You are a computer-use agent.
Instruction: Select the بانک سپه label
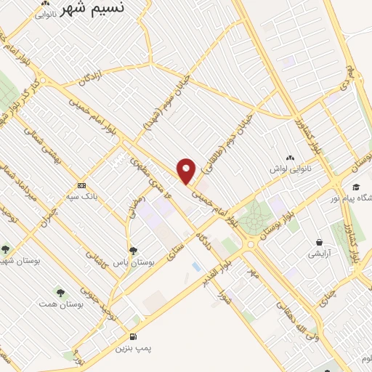[x=81, y=196]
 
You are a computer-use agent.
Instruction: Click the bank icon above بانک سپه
[x=81, y=185]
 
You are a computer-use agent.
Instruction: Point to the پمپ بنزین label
[x=134, y=348]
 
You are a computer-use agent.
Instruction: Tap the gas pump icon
[x=133, y=336]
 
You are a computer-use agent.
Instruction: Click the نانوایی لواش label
[x=291, y=169]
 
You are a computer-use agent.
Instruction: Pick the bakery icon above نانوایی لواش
[x=291, y=158]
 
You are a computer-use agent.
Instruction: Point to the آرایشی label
[x=319, y=254]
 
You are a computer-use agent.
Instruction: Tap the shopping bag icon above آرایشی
[x=319, y=242]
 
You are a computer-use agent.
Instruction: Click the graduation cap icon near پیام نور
[x=355, y=187]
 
